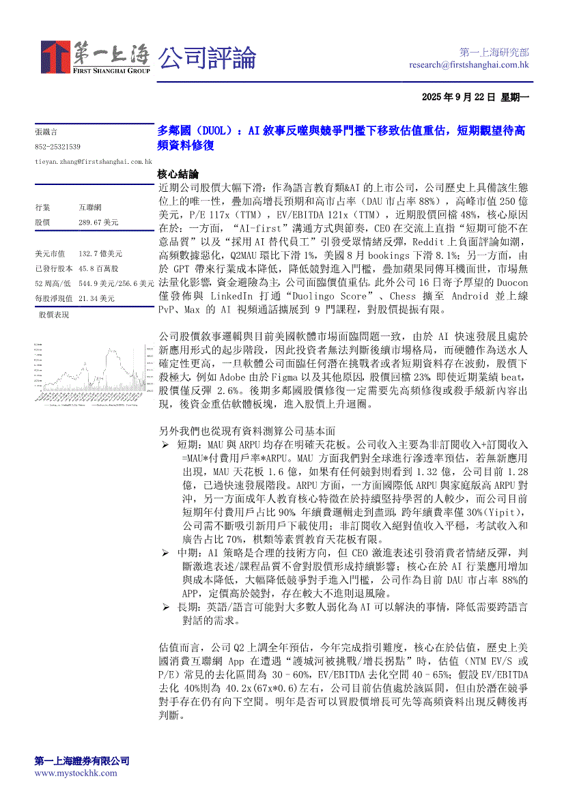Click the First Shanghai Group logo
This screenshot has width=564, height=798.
coord(95,58)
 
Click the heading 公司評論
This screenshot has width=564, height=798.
coord(208,57)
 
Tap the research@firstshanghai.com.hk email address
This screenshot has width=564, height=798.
coord(469,65)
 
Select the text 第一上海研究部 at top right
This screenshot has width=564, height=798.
coord(494,53)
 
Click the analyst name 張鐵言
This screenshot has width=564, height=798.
coord(46,131)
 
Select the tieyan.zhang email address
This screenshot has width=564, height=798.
coord(93,161)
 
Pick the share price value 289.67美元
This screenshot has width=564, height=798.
coord(98,223)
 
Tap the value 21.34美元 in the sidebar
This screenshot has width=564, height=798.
coord(96,298)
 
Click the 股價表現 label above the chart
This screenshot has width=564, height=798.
coord(54,315)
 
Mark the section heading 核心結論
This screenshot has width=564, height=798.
coord(178,174)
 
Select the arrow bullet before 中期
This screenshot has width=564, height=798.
coord(165,551)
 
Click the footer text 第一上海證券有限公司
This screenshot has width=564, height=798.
coord(82,761)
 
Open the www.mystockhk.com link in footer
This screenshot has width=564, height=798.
coord(75,773)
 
